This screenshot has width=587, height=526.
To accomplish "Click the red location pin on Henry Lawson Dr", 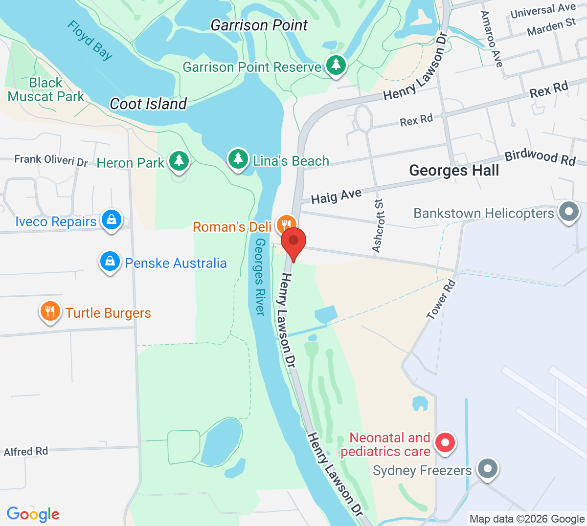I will [293, 241].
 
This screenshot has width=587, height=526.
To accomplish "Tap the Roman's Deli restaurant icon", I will [286, 225].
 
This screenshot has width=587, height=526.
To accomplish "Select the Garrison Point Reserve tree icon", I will [336, 65].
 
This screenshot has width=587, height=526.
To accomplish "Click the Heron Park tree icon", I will [179, 161].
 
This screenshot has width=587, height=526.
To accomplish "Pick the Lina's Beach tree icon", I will [238, 159].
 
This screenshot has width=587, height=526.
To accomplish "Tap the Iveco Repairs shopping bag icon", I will [112, 220].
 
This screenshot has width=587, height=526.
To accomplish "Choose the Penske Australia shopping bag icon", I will [110, 262].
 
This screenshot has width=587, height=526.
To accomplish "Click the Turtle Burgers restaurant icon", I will [50, 311].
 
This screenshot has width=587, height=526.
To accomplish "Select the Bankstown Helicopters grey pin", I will [568, 212].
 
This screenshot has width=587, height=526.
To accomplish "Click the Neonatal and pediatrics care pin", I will [445, 443].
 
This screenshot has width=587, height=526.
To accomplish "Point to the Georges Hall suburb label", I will [454, 171].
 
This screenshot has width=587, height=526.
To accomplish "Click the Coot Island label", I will [148, 104].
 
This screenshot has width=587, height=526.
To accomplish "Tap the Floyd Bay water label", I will [90, 40].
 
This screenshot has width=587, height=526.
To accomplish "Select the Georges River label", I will [259, 277].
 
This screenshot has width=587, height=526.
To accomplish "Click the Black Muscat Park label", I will [46, 90].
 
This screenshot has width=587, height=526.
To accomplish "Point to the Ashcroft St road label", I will [378, 226].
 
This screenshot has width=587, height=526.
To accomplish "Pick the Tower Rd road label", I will [441, 300].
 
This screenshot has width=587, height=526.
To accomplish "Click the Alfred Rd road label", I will [26, 451].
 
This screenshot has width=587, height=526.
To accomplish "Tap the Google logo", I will [33, 514].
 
